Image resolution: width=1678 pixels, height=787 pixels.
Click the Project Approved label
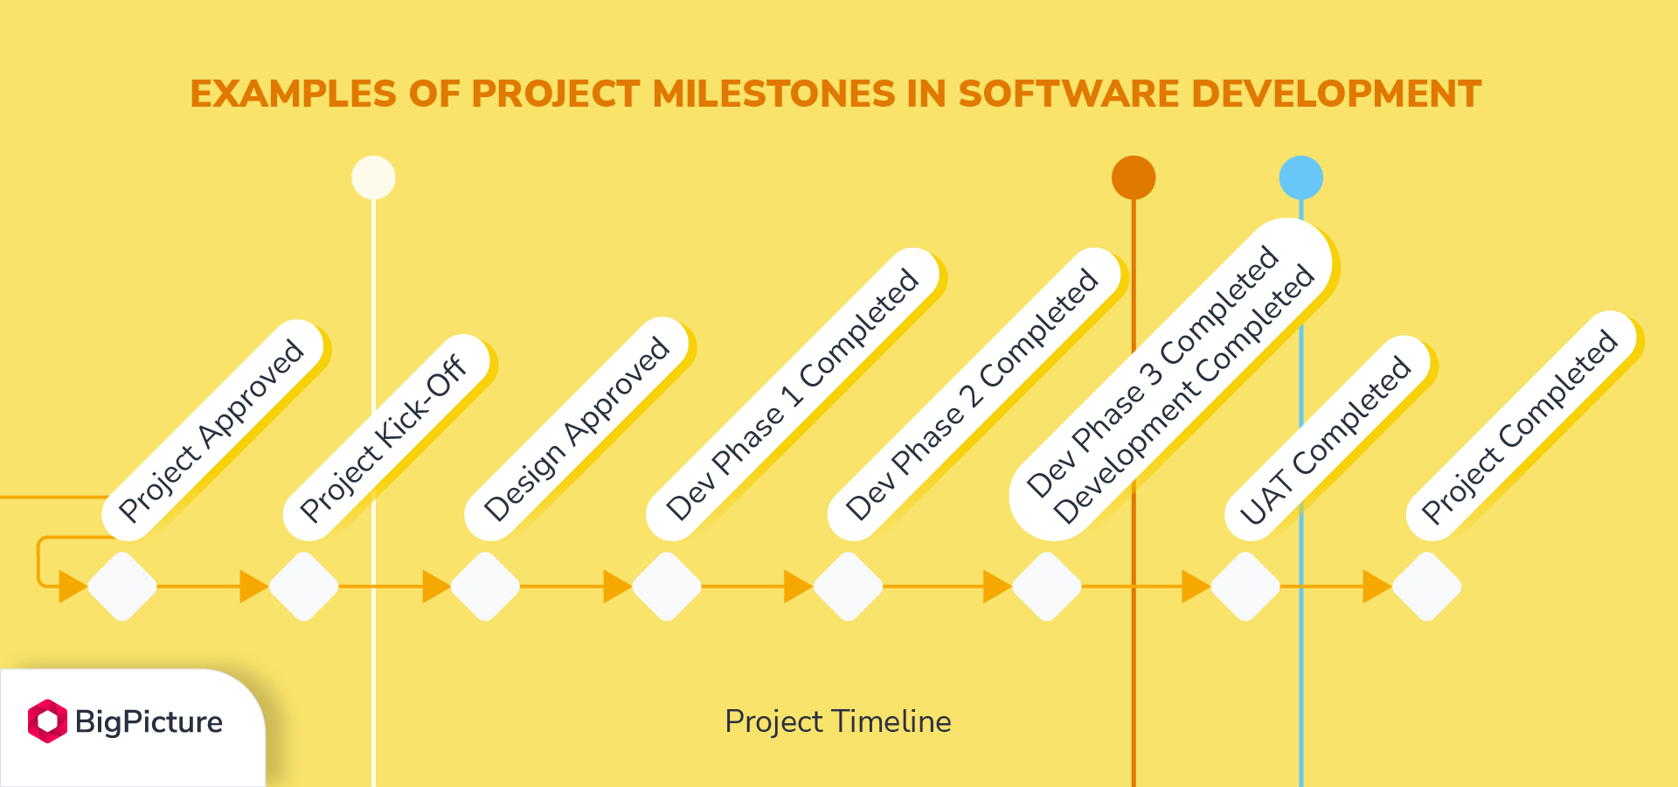212,430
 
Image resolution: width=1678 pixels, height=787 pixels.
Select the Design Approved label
577,428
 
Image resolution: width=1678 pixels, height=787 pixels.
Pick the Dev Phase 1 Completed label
793,394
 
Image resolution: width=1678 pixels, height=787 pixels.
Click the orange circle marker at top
1134,178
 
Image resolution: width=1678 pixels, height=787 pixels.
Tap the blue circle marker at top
1301,178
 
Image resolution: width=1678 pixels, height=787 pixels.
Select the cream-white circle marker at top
373,178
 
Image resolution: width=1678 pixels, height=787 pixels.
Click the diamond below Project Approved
122,586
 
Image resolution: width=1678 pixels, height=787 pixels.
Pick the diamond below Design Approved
485,586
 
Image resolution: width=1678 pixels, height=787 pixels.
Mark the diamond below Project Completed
1427,586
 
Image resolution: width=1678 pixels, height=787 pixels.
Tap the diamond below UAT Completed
1245,586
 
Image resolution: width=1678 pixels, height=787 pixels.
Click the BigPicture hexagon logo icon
47,721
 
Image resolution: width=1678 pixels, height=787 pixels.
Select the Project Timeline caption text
838,721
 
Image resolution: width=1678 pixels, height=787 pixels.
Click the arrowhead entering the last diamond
1377,586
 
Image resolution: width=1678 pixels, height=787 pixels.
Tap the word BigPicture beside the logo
149,722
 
